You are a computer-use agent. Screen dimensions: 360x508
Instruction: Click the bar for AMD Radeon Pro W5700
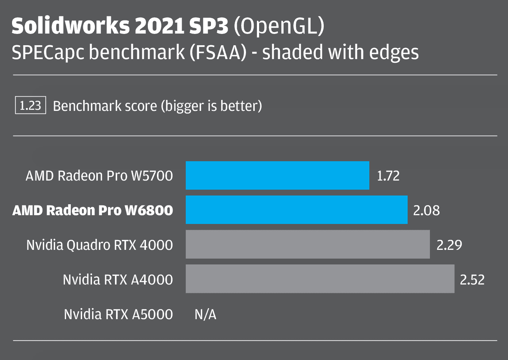(277, 175)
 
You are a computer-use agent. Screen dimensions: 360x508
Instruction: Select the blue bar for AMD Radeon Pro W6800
(296, 210)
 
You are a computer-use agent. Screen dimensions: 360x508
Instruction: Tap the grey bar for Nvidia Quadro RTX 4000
(308, 244)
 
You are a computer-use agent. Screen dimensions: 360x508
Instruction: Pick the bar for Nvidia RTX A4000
(320, 279)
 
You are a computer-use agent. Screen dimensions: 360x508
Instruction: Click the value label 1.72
(388, 176)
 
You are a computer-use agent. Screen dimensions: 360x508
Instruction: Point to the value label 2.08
(426, 210)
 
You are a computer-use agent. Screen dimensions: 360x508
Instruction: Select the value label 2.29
(449, 245)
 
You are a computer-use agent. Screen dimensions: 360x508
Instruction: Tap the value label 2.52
(472, 280)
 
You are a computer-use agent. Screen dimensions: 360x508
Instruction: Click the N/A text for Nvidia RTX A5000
(205, 314)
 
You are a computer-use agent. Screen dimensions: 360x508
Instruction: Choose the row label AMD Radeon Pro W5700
(99, 176)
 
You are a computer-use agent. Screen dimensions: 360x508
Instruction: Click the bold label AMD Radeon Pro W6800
(93, 210)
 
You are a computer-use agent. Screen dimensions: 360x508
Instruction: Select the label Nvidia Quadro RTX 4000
(100, 245)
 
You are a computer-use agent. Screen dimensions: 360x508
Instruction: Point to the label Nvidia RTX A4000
(118, 280)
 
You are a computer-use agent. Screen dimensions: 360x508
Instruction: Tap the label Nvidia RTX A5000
(118, 314)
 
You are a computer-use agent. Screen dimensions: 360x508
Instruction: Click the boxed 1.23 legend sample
(30, 105)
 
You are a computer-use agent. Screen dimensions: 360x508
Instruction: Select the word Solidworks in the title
(70, 26)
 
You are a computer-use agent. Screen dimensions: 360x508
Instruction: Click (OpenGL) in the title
(279, 26)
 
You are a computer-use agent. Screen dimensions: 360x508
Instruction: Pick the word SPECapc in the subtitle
(48, 53)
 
